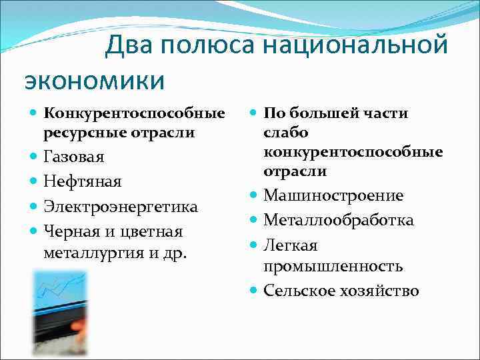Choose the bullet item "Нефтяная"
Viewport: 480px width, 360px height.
[x=83, y=182]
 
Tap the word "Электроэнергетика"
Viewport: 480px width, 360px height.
[x=121, y=207]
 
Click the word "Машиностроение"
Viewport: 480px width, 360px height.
[x=333, y=196]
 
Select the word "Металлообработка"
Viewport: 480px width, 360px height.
[x=339, y=220]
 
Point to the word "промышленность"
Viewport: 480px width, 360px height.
[x=333, y=267]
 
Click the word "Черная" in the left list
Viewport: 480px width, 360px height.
[x=69, y=231]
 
